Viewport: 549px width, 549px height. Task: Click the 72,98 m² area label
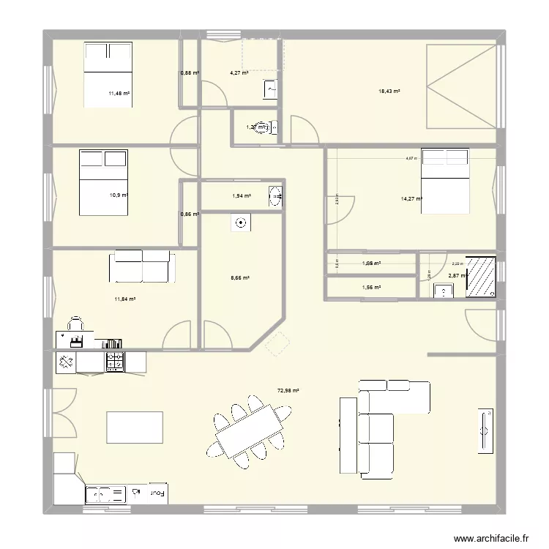[288, 391]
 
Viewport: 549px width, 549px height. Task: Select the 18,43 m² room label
[389, 91]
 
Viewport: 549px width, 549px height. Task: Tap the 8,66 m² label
[240, 278]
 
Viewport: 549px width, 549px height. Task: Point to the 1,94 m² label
[241, 196]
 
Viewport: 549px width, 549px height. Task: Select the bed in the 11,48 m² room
[108, 75]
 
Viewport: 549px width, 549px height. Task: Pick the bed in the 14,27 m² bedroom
[445, 181]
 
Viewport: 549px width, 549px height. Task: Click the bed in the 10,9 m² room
[102, 182]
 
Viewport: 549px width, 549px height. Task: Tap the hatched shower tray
[481, 276]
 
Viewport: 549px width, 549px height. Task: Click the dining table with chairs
[249, 430]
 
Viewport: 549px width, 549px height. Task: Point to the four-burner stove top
[116, 361]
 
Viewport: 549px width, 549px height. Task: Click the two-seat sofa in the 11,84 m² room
[141, 266]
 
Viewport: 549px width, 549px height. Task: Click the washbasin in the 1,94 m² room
[275, 196]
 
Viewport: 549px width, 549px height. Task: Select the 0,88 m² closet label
[189, 72]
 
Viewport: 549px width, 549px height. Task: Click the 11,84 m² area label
[124, 299]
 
